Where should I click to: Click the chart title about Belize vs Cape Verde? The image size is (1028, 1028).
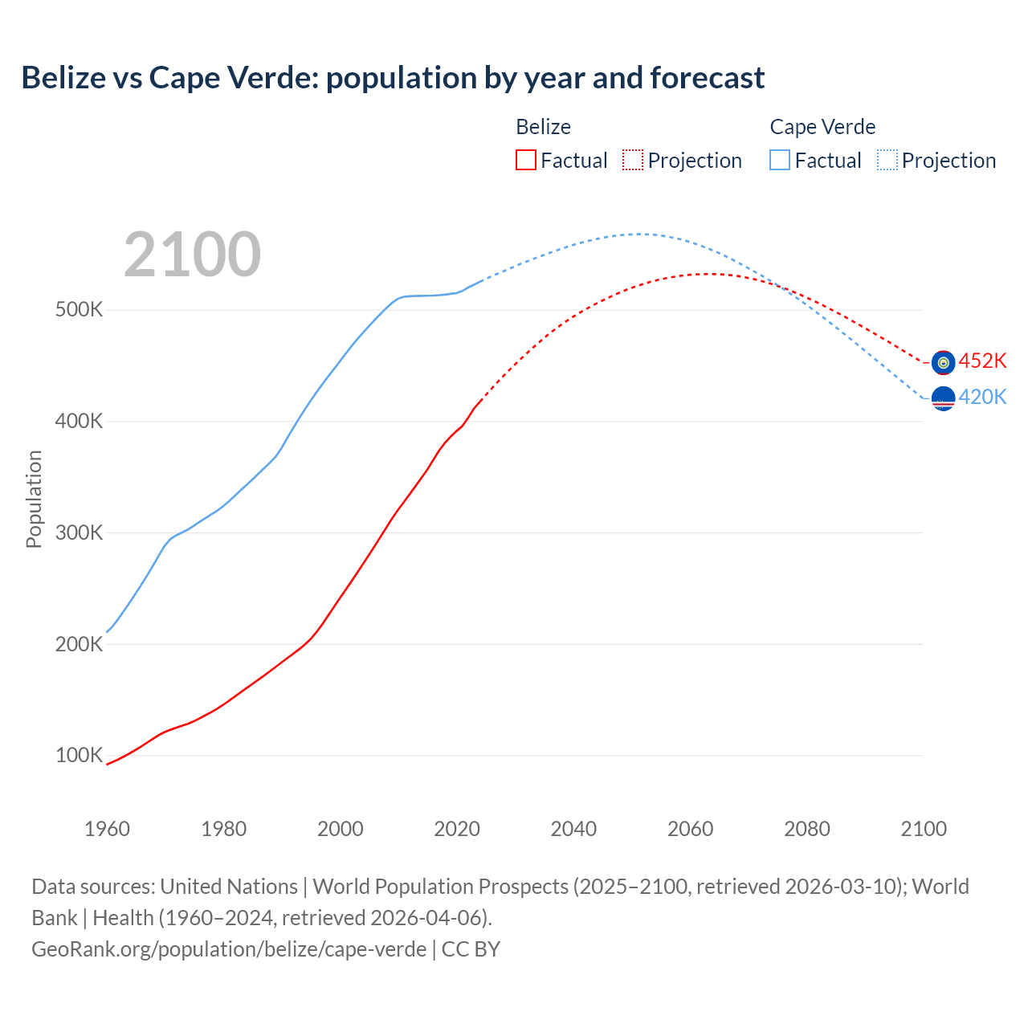tap(393, 78)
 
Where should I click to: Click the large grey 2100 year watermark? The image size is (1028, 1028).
tap(192, 255)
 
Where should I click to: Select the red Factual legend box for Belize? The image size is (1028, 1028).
tap(525, 160)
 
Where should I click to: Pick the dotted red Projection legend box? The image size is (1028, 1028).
tap(633, 160)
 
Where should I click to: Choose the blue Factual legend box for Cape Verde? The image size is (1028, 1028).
tap(779, 160)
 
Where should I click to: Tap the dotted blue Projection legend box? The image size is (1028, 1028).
tap(887, 160)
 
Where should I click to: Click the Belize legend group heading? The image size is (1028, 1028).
tap(543, 127)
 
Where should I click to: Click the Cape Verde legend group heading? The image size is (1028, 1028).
tap(822, 127)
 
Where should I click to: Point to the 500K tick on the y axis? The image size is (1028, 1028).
tap(79, 310)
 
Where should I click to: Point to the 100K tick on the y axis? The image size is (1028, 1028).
tap(79, 755)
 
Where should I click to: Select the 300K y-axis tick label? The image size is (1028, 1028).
tap(79, 532)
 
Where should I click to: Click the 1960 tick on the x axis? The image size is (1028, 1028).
tap(107, 829)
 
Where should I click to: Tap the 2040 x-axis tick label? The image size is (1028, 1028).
tap(573, 829)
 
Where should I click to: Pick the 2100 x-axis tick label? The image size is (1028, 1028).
tap(924, 829)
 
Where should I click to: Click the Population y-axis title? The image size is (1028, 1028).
tap(34, 499)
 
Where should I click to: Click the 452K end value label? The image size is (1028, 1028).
tap(982, 361)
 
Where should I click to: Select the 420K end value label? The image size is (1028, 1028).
tap(982, 397)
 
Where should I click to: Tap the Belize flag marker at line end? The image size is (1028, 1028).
tap(943, 362)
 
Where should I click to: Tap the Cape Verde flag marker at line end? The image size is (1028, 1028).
tap(943, 398)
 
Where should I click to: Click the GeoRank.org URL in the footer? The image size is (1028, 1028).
tap(229, 949)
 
